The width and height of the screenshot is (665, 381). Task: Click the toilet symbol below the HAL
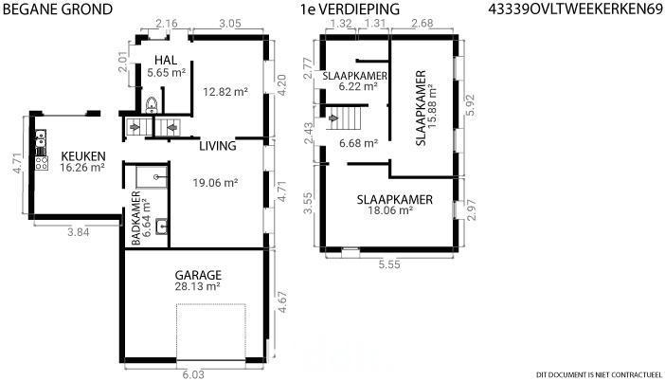[x=152, y=105]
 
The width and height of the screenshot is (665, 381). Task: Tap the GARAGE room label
[x=198, y=275]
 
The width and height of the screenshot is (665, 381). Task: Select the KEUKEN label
[x=83, y=156]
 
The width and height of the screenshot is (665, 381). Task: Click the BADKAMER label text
[x=135, y=218]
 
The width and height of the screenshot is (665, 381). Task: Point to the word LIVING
[x=218, y=146]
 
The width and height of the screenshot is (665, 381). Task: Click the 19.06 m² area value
[x=215, y=183]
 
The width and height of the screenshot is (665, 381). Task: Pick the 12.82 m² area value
[x=225, y=92]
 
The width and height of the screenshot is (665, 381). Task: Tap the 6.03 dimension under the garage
[x=193, y=374]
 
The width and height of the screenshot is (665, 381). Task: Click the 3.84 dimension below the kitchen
[x=79, y=232]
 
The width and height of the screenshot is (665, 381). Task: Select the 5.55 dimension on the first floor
[x=389, y=264]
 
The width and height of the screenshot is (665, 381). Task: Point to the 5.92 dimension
[x=471, y=105]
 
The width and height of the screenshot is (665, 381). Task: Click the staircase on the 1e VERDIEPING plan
[x=344, y=118]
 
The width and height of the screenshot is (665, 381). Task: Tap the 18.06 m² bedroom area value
[x=390, y=210]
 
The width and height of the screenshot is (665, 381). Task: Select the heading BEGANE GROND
[x=58, y=9]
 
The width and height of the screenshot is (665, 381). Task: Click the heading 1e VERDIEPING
[x=350, y=9]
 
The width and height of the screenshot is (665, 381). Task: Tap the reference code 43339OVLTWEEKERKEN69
[x=575, y=9]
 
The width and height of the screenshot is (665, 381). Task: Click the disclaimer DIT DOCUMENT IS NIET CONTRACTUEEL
[x=599, y=374]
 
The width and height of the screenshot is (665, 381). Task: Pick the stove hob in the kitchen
[x=41, y=163]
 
